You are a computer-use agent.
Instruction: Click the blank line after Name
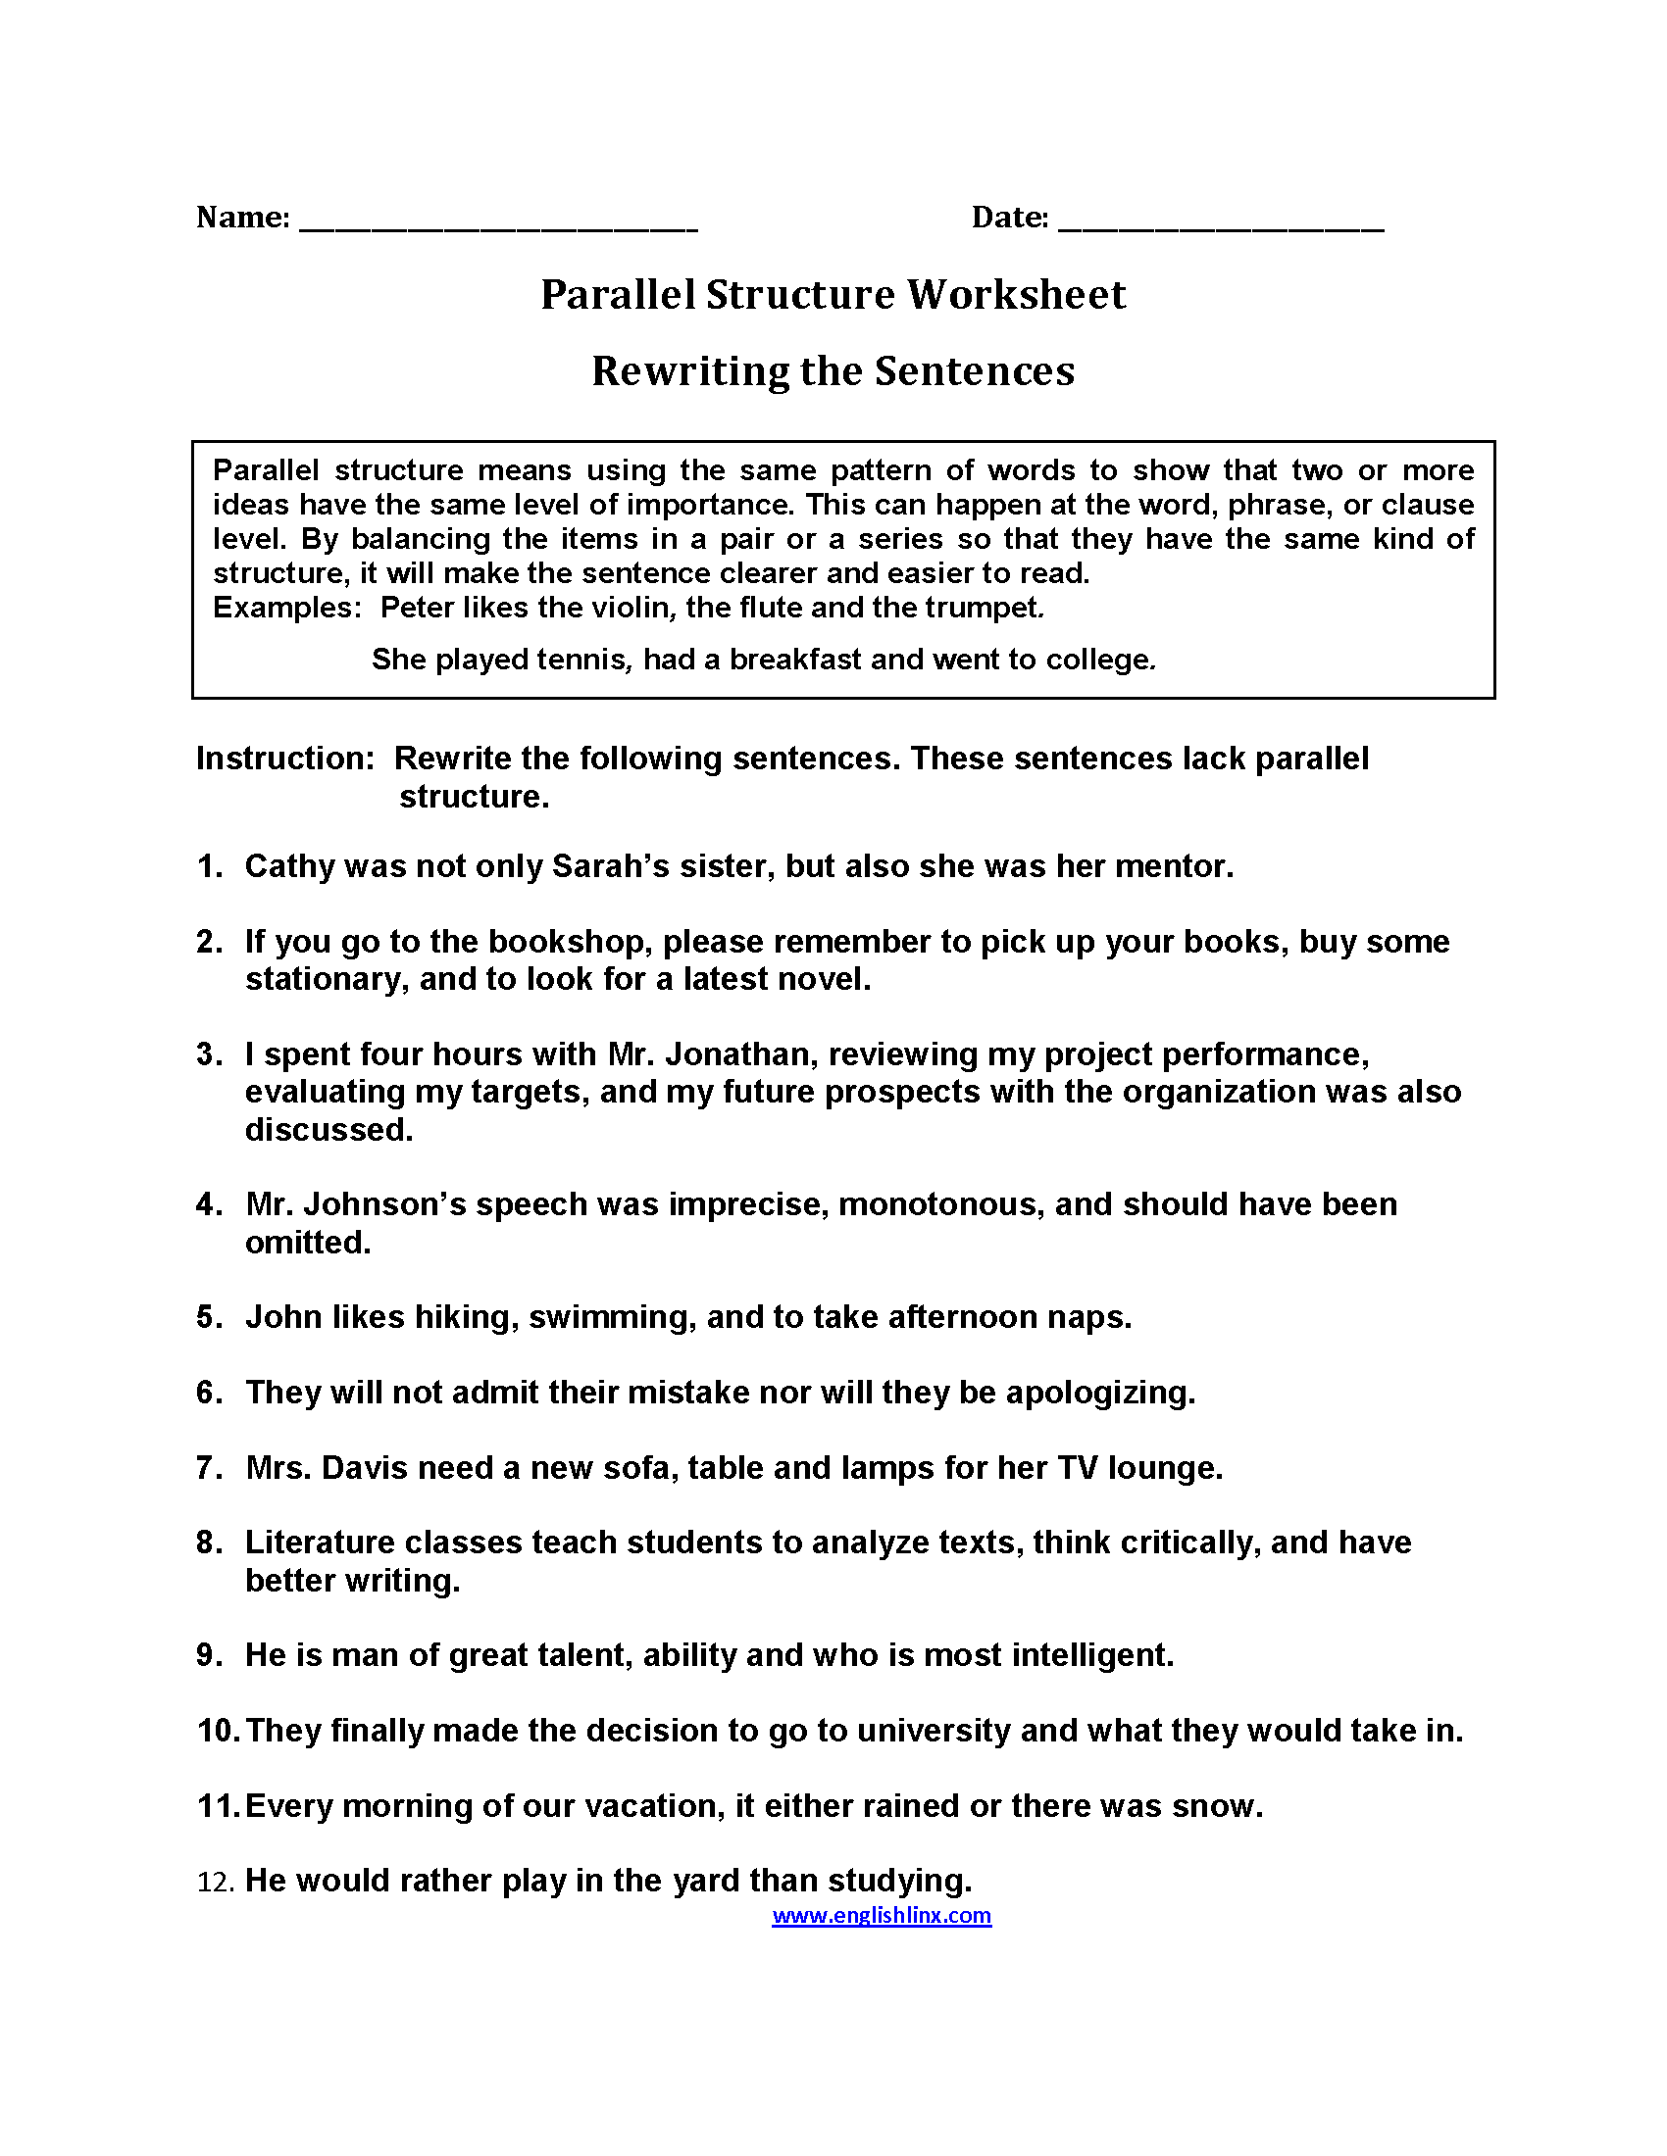[498, 225]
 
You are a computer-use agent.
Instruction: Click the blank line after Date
[1221, 225]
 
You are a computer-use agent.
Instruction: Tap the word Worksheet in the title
[1016, 294]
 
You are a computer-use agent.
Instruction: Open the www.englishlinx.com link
[881, 1915]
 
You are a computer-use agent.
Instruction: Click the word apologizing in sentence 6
[1099, 1392]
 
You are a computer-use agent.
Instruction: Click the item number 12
[216, 1882]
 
